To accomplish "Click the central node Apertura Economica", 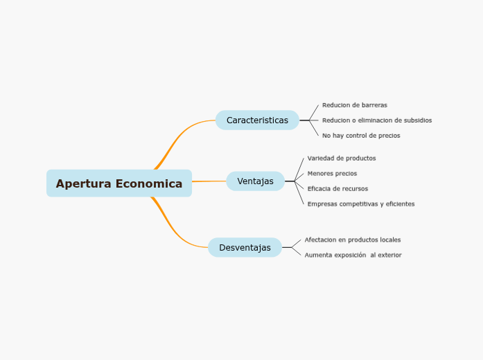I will (x=119, y=183).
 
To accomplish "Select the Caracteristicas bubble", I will (x=257, y=120).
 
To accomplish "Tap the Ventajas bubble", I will (x=255, y=181).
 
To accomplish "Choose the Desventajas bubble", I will (x=245, y=248).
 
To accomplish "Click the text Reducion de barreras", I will (x=354, y=105).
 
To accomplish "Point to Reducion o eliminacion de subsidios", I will (x=376, y=120).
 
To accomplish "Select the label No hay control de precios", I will (x=361, y=136).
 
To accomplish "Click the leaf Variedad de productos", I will (x=342, y=159).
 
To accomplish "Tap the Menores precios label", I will (x=332, y=174).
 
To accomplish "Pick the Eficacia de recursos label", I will (x=337, y=189).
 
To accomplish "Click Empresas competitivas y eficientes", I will (x=361, y=204).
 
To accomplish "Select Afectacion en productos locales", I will (x=352, y=240).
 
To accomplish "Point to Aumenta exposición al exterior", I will (x=353, y=255).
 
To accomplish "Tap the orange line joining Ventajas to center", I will (x=209, y=181).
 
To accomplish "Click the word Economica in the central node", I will (x=149, y=184).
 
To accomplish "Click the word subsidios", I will (x=417, y=120).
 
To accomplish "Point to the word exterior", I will (x=389, y=255).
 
